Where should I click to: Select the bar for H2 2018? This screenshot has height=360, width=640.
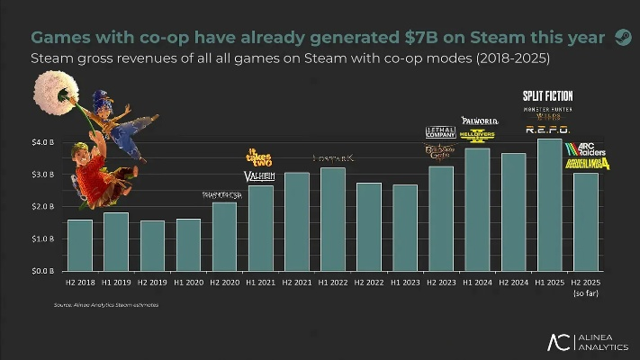tap(80, 245)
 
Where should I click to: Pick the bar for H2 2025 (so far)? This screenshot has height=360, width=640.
tap(585, 221)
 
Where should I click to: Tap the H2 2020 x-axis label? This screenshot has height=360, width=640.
tap(224, 283)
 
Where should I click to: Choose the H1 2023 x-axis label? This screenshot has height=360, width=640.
tap(405, 283)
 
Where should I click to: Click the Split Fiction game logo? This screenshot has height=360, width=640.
tap(547, 95)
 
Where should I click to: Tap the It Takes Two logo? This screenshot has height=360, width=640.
tap(259, 157)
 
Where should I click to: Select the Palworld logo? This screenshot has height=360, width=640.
tap(479, 120)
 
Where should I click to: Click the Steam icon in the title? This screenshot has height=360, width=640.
tap(622, 37)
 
